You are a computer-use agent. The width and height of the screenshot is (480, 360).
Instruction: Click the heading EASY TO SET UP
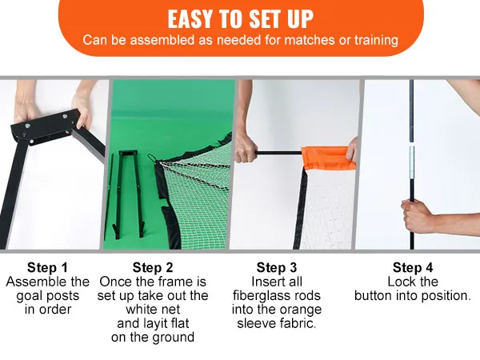coord(240,19)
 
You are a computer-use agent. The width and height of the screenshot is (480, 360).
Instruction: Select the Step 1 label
coord(47,267)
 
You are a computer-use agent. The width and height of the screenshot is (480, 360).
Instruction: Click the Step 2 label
coord(153,267)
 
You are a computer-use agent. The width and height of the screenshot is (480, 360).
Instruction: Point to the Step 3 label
coord(277,267)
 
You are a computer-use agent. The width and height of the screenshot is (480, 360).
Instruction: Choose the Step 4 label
coord(413,267)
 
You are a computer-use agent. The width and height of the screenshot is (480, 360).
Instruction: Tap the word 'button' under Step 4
coord(373,296)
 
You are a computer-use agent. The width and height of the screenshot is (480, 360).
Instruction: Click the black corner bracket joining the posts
coord(46,126)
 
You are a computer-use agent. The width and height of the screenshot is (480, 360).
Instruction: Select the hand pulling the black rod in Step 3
coord(246,147)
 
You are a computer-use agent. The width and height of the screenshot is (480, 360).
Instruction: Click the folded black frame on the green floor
coord(129,194)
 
